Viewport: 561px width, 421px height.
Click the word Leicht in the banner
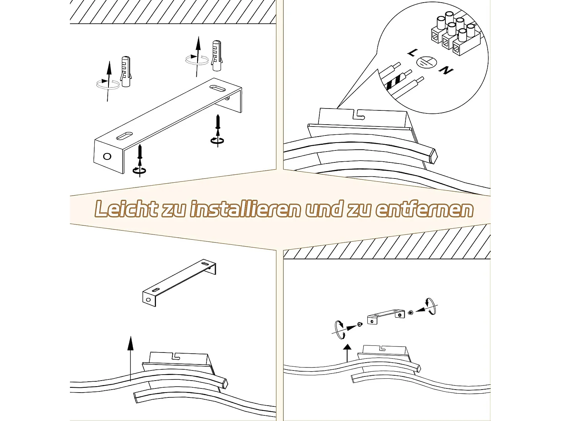(126, 209)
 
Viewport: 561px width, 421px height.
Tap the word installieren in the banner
(245, 209)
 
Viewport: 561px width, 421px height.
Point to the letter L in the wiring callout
(412, 53)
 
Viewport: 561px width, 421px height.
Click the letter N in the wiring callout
(446, 70)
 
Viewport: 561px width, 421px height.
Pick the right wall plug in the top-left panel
(217, 55)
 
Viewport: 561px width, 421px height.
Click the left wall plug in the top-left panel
(126, 71)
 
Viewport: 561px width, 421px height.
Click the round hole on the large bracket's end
(107, 156)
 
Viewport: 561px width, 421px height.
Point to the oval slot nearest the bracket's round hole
(125, 136)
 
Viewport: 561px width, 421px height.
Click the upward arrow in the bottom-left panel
(131, 359)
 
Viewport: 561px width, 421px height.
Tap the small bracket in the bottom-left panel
(179, 283)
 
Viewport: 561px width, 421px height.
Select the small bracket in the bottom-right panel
(386, 317)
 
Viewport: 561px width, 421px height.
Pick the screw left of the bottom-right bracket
(360, 324)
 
